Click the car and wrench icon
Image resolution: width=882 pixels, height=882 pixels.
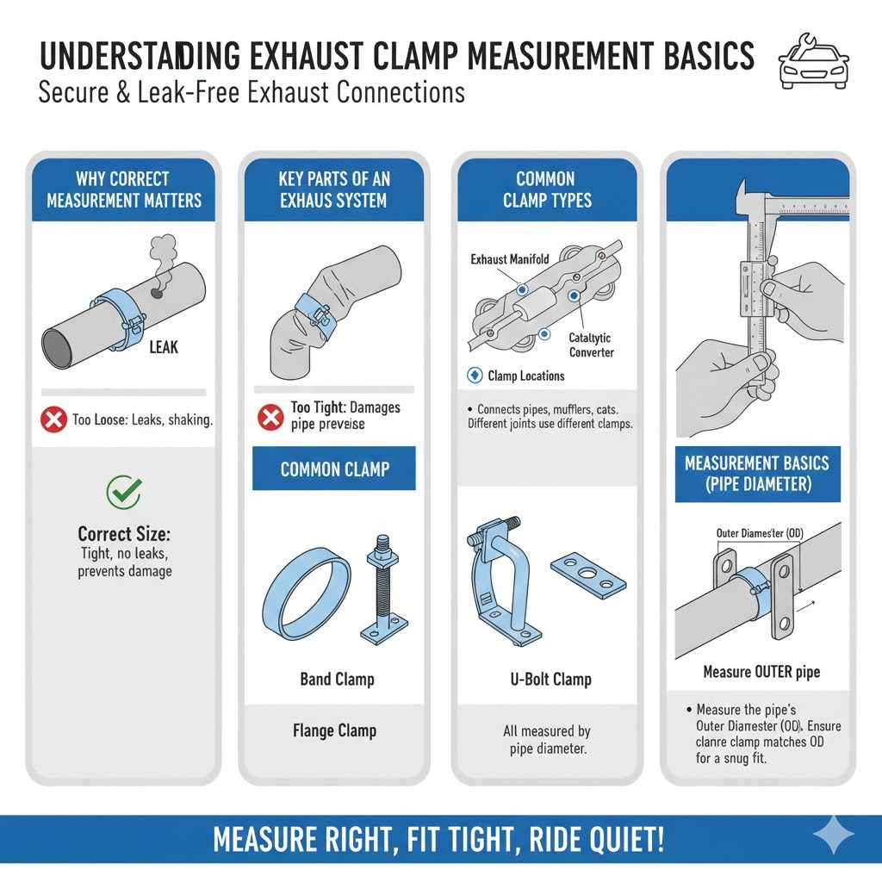813,62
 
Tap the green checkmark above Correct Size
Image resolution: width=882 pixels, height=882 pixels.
123,492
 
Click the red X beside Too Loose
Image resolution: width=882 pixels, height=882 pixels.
53,420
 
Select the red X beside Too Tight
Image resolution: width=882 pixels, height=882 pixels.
270,416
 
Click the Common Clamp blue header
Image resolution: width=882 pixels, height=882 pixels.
334,469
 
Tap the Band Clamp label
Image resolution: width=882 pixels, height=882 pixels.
337,680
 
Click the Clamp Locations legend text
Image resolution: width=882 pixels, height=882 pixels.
525,376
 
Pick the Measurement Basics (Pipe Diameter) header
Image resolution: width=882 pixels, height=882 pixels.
757,473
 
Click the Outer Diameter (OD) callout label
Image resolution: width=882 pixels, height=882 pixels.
759,533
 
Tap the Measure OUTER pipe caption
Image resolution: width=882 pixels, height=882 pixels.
761,672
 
